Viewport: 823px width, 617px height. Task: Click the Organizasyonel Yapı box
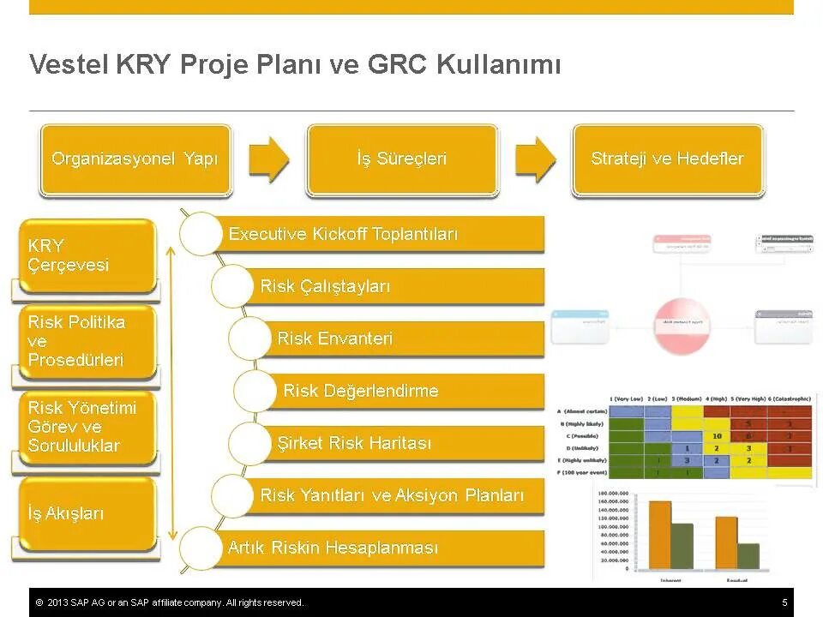135,159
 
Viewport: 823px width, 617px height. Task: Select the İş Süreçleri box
402,159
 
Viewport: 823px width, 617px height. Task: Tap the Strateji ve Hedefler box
667,159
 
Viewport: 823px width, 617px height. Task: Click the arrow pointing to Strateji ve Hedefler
536,159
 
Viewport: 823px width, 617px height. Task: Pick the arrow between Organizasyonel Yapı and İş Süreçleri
269,159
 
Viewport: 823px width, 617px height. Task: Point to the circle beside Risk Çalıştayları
231,286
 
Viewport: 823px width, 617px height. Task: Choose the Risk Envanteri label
335,338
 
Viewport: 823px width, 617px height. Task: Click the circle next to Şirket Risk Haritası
254,443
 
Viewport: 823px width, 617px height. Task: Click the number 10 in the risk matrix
717,435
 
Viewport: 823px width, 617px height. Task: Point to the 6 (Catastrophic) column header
782,399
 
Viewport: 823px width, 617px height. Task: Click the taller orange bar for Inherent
659,534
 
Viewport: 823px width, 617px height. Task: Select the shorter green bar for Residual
748,555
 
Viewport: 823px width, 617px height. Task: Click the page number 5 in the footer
784,602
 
